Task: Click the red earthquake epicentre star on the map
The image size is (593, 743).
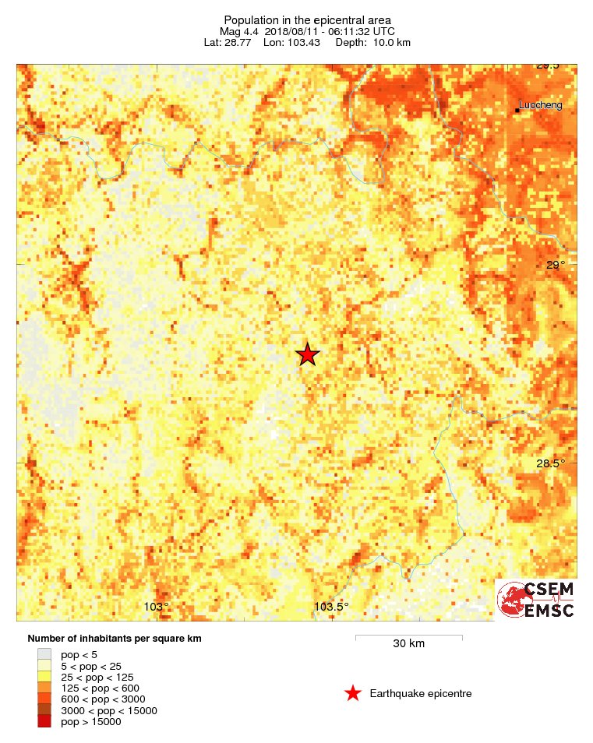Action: click(308, 355)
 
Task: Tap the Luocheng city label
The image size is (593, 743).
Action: click(541, 105)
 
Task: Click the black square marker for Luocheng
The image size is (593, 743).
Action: click(517, 110)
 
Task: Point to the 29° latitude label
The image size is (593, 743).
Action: click(555, 266)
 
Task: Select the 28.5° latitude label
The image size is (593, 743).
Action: click(551, 464)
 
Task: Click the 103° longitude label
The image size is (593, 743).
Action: click(157, 607)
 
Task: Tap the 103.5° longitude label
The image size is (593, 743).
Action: click(331, 607)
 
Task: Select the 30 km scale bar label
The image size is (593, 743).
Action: click(408, 644)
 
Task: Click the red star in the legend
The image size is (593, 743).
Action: click(353, 693)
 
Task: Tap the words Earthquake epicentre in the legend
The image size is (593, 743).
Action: click(421, 693)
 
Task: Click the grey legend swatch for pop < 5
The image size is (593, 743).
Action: click(44, 655)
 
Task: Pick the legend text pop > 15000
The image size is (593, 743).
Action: click(90, 722)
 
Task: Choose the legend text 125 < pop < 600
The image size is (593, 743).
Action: click(100, 688)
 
